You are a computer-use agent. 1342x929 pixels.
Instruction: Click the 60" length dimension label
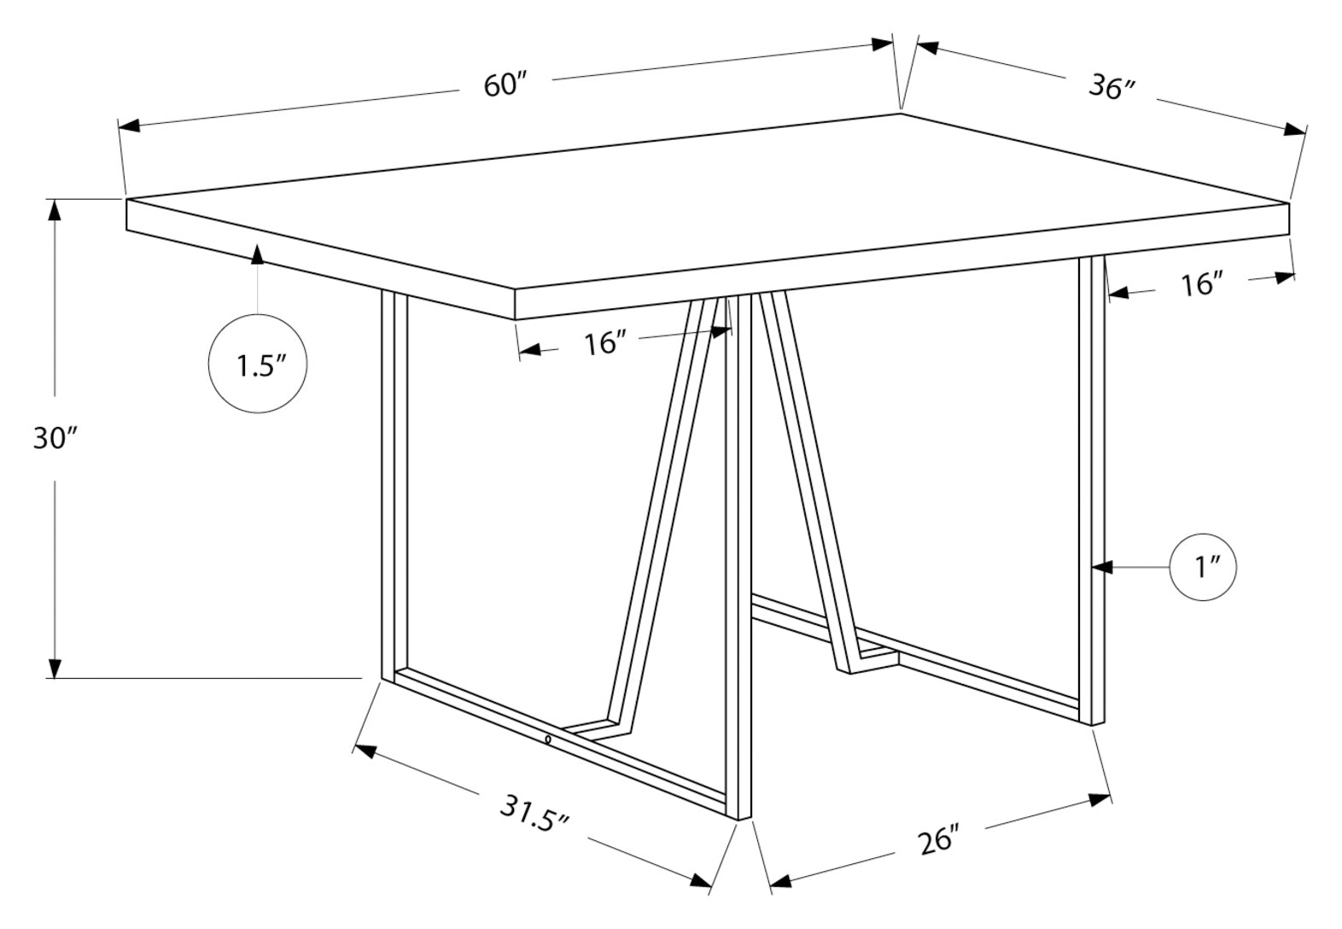(x=507, y=85)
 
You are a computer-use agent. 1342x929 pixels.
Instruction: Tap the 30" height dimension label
(x=55, y=438)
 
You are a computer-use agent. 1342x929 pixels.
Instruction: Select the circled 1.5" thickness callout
(x=258, y=365)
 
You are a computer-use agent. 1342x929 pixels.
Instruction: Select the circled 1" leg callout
(x=1204, y=566)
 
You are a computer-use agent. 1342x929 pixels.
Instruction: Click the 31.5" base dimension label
(x=534, y=816)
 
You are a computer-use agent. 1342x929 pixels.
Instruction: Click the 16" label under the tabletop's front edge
(x=605, y=343)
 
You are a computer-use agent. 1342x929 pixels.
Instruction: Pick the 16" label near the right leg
(x=1202, y=284)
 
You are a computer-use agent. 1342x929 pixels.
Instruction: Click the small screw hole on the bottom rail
(x=547, y=739)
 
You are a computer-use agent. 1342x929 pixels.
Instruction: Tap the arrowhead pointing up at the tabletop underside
(x=257, y=254)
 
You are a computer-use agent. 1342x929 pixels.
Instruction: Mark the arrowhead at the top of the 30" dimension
(x=55, y=209)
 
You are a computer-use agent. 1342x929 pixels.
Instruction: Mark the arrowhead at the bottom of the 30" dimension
(x=55, y=668)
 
